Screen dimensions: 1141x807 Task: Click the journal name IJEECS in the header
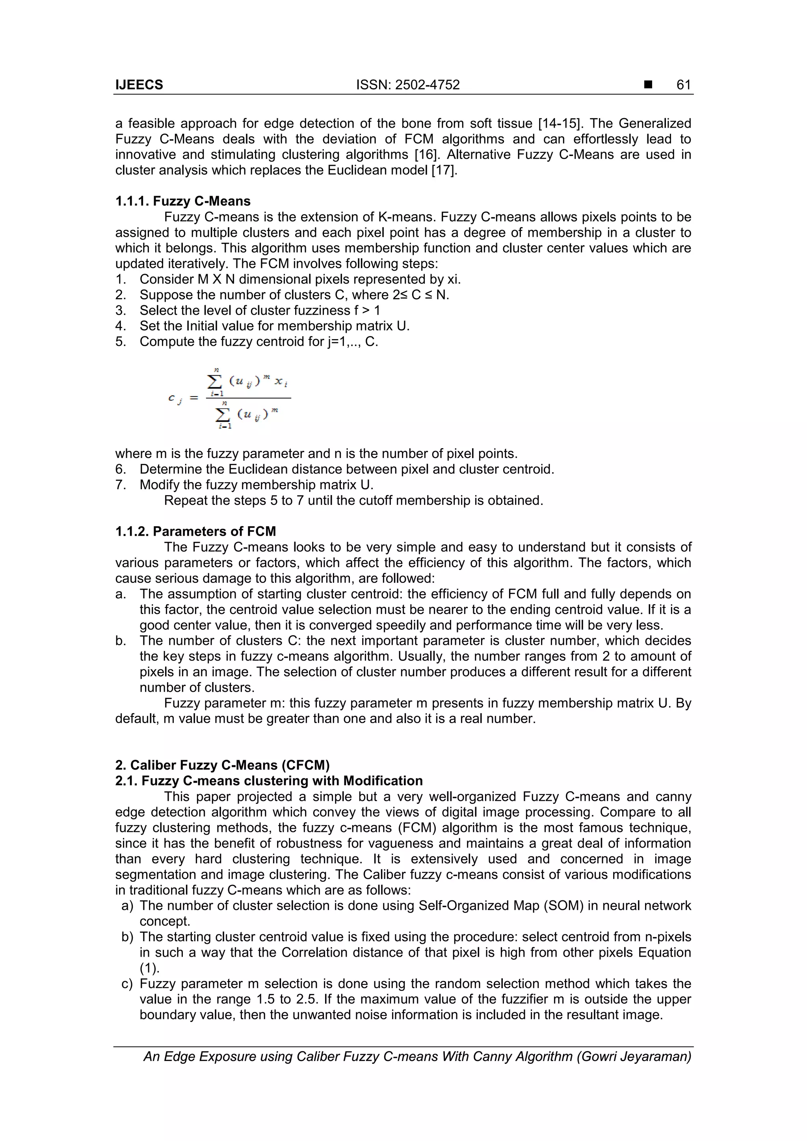click(139, 85)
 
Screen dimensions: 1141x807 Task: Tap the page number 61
click(684, 85)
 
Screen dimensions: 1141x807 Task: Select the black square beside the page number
click(647, 85)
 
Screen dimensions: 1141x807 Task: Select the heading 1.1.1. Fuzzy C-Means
click(182, 201)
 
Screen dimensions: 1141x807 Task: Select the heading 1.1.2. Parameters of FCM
click(195, 531)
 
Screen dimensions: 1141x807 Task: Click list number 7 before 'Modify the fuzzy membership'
click(120, 484)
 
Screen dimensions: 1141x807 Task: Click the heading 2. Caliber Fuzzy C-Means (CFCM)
click(222, 765)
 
